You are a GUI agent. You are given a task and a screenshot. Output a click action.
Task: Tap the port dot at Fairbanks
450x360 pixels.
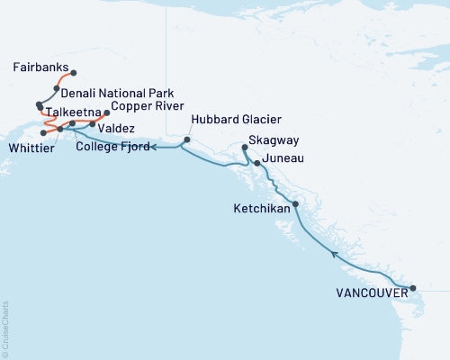click(74, 73)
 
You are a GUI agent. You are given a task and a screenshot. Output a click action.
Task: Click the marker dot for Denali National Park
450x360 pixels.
click(57, 88)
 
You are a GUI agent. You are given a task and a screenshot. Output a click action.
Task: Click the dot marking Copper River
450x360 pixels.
click(107, 113)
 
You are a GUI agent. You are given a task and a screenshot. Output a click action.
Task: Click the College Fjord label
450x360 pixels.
click(112, 146)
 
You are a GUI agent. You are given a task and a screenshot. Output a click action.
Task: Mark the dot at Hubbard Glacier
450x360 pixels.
click(187, 139)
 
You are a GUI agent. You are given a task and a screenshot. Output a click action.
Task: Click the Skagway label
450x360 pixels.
click(275, 141)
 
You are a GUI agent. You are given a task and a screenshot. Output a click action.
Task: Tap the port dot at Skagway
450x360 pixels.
click(245, 146)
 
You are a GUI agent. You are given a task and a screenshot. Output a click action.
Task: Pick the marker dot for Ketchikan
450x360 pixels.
click(295, 204)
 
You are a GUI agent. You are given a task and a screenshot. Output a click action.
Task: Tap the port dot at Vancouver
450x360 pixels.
click(413, 289)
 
